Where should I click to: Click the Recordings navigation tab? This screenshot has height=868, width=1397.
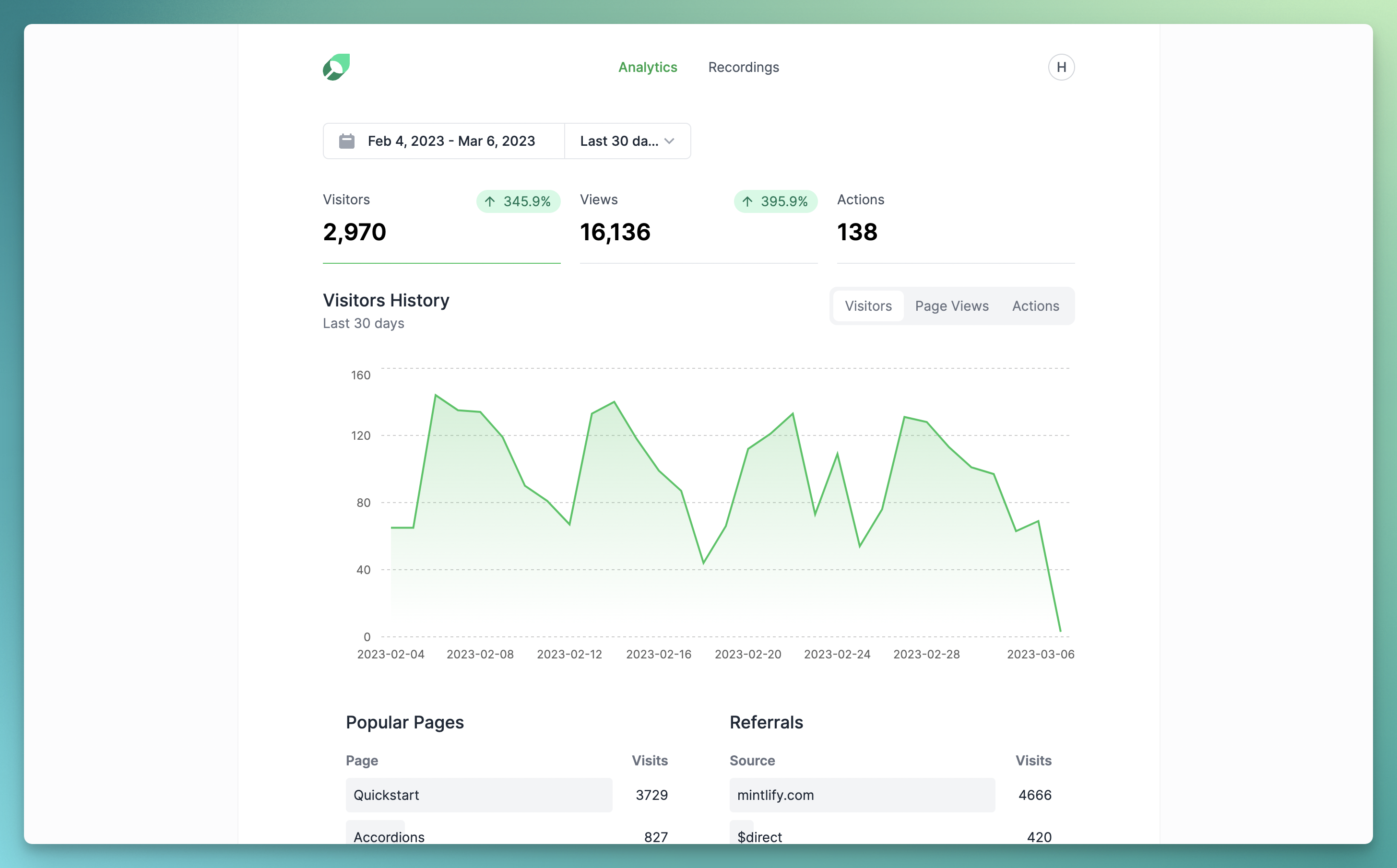tap(743, 67)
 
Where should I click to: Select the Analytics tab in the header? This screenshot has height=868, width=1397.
tap(647, 67)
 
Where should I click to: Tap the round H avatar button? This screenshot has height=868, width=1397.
tap(1061, 67)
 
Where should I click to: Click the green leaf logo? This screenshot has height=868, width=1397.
tap(336, 67)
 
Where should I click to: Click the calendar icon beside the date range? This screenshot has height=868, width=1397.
tap(346, 141)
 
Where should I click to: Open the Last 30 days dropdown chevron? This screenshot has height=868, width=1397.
tap(669, 141)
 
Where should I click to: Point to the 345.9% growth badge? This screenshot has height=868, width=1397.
tap(518, 201)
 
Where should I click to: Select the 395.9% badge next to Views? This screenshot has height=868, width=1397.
tap(775, 201)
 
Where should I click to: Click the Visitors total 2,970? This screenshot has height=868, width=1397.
tap(354, 232)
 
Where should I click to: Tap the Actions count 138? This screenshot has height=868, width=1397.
tap(857, 232)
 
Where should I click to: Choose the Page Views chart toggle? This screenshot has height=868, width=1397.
tap(951, 306)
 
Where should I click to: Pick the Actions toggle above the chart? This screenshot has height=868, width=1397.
tap(1035, 306)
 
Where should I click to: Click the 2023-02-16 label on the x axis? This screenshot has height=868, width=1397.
tap(658, 654)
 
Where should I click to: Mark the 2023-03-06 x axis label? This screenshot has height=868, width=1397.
tap(1040, 654)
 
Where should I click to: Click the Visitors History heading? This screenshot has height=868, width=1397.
tap(386, 300)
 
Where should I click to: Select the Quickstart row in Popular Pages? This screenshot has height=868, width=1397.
tap(478, 795)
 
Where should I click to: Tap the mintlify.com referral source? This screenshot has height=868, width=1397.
tap(775, 795)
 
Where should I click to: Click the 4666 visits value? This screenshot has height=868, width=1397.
tap(1034, 795)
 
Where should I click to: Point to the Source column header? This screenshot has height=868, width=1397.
tap(752, 761)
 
